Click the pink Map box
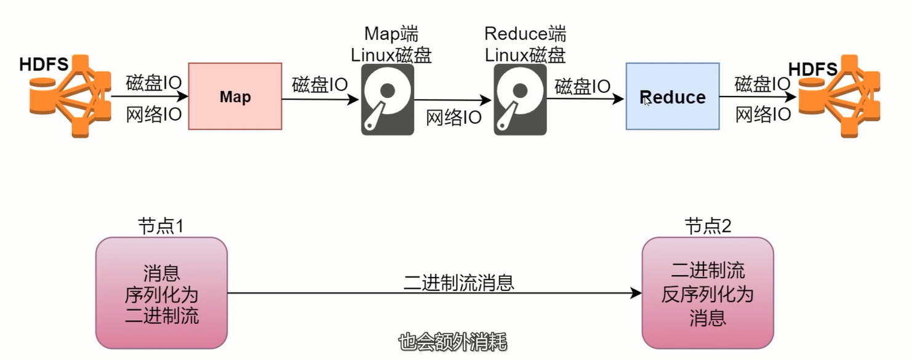tap(234, 97)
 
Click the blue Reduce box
tap(672, 97)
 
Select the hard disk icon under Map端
tap(387, 100)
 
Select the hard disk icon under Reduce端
tap(520, 100)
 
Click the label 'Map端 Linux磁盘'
tap(391, 44)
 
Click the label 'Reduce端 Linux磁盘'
tap(525, 44)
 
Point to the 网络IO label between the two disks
tap(454, 118)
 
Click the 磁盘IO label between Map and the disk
tap(320, 84)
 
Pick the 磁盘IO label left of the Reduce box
tap(582, 86)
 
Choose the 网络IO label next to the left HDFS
tap(154, 114)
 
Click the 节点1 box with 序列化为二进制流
tap(162, 293)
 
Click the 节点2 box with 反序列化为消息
tap(707, 293)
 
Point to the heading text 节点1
tap(161, 227)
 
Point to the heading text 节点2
tap(708, 227)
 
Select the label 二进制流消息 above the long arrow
tap(459, 282)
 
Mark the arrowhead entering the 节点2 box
tap(637, 294)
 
